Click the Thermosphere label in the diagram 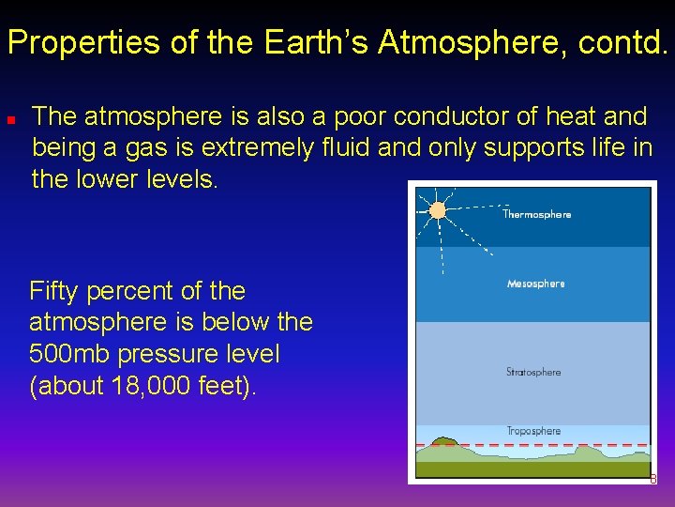coord(536,215)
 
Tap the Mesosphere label coord(535,284)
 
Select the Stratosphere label coord(533,372)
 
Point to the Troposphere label coord(533,431)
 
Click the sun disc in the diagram coord(437,210)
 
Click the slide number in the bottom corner coord(653,480)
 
